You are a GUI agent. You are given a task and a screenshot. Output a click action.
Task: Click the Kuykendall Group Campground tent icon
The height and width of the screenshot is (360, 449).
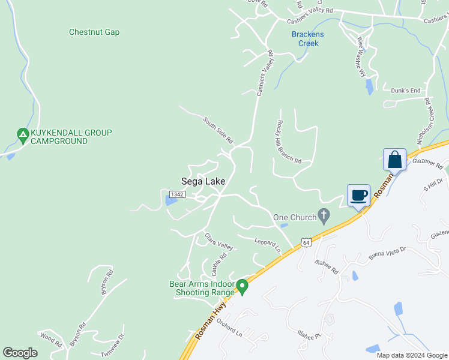23,136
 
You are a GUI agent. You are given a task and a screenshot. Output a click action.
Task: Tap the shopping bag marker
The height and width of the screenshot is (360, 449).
394,160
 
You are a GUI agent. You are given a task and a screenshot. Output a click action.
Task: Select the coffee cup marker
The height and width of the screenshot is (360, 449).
358,195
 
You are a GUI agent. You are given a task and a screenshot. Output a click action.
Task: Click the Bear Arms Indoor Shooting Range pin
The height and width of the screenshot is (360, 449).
243,286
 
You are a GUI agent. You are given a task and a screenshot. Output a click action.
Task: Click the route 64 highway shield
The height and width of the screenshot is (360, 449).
306,242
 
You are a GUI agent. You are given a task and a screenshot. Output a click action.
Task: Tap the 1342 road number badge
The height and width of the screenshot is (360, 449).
176,194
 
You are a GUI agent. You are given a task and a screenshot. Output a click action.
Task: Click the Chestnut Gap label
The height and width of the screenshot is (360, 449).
94,32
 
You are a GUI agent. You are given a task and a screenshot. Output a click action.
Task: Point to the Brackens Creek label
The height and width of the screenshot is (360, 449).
307,39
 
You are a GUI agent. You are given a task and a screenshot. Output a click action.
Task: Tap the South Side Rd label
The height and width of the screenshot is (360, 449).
217,130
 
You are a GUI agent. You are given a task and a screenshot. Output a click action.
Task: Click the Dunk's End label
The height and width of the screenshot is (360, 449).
406,91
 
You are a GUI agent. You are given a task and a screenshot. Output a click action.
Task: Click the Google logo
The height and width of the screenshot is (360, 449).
20,353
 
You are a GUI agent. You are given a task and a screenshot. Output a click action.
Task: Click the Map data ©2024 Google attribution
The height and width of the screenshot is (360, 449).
412,355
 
